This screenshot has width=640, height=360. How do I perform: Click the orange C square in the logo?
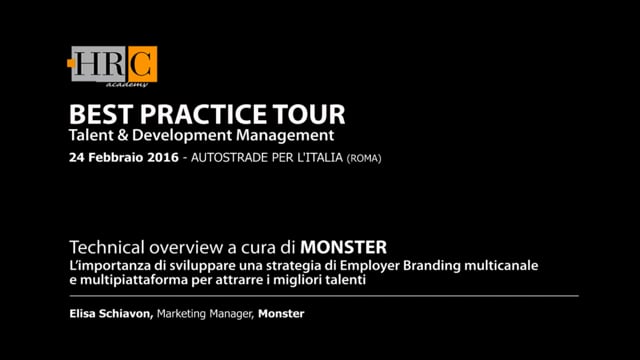coord(142,64)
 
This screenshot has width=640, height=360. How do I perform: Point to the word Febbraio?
coord(114,158)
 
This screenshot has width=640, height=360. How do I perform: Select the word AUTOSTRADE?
coord(231,158)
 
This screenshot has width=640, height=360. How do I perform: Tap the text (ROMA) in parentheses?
coord(364,158)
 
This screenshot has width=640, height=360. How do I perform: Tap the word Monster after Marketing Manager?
coord(281,314)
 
